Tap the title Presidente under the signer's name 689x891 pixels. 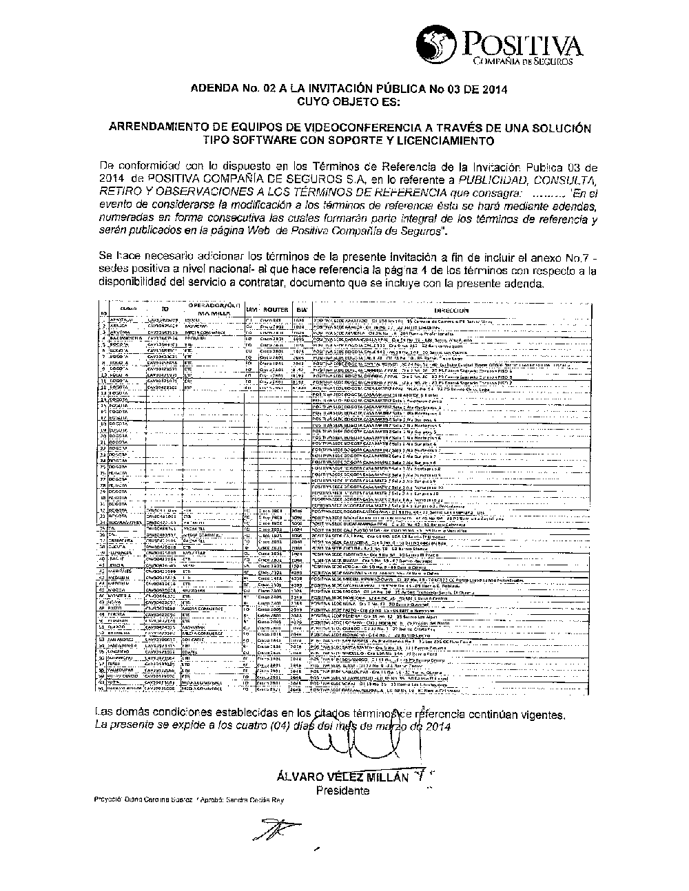tap(342, 790)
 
